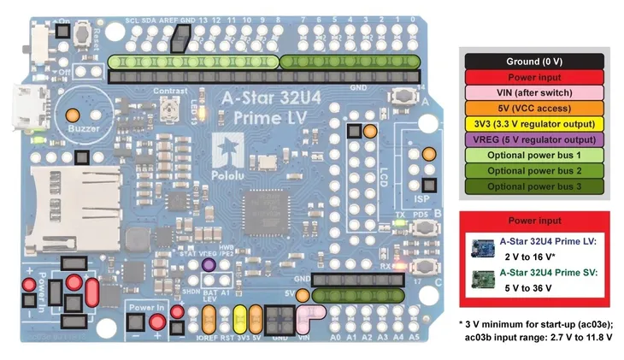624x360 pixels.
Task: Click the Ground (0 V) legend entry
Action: [533, 62]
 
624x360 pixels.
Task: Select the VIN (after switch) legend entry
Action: [533, 92]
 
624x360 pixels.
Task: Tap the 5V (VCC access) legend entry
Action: [533, 109]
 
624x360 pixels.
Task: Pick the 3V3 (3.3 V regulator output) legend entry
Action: [533, 124]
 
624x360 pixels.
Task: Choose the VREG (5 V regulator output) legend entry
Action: [533, 139]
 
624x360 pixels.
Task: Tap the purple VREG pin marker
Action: [208, 266]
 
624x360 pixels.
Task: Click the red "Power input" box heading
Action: [533, 221]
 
